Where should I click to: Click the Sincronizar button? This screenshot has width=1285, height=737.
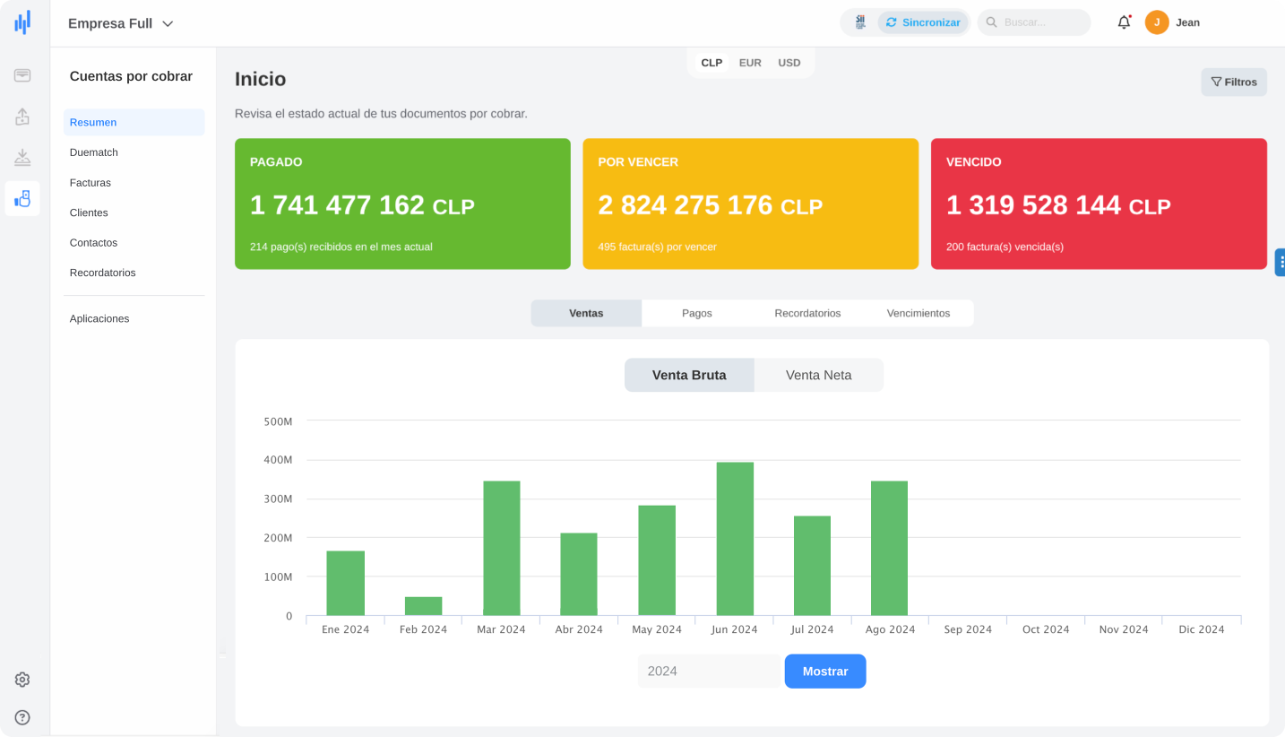(x=923, y=22)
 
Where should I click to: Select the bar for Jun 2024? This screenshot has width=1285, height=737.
(x=735, y=538)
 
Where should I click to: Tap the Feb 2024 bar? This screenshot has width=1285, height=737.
(x=423, y=605)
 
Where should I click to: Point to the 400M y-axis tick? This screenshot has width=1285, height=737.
(x=278, y=460)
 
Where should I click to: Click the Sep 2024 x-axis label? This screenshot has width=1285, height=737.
(x=968, y=629)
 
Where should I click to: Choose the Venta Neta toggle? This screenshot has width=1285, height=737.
(x=818, y=376)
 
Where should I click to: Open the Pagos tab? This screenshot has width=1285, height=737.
(x=696, y=313)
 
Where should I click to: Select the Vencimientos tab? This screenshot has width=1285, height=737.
(x=918, y=313)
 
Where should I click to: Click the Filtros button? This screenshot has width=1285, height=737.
(x=1233, y=82)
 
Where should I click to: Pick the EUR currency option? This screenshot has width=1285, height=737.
(x=750, y=63)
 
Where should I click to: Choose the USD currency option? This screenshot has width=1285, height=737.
(x=789, y=63)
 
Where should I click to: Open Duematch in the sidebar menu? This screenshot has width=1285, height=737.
(x=94, y=152)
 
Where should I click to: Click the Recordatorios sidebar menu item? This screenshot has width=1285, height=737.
(x=103, y=273)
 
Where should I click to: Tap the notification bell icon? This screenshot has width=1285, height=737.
(x=1124, y=22)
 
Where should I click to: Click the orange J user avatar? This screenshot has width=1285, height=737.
(x=1157, y=22)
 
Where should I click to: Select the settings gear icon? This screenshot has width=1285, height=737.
(x=22, y=680)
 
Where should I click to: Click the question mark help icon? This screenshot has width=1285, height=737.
(x=22, y=717)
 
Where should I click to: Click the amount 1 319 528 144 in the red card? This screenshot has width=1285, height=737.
(x=1033, y=205)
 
